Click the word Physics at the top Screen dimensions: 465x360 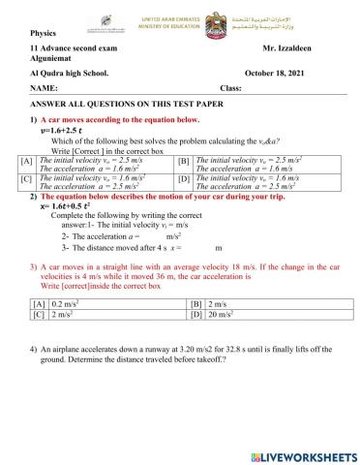[44, 31]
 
